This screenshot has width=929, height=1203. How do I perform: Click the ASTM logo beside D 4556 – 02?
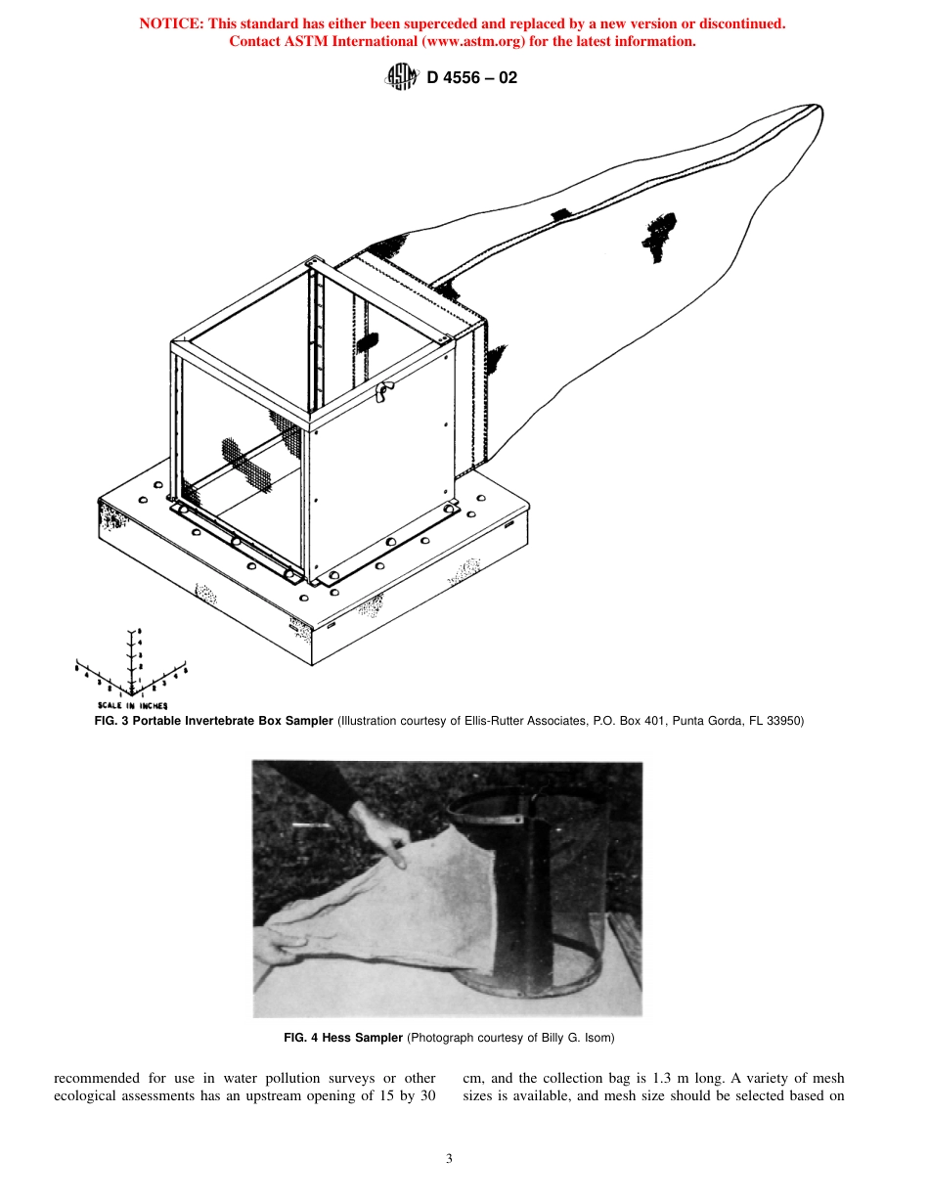[x=402, y=77]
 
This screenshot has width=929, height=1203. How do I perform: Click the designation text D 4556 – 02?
[x=472, y=77]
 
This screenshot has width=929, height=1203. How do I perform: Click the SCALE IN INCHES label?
[x=132, y=704]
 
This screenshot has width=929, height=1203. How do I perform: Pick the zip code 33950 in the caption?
[x=781, y=721]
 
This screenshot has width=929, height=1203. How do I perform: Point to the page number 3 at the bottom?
[x=449, y=1159]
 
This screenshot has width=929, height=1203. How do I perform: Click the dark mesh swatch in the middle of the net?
[x=658, y=235]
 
